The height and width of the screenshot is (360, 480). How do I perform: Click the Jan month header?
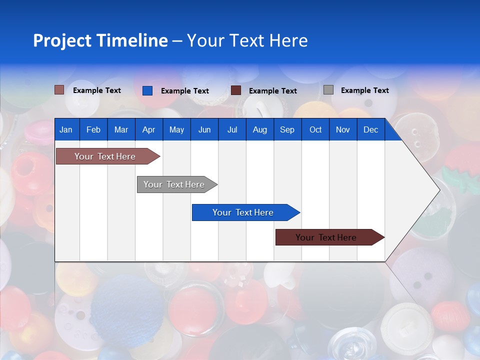[x=66, y=129]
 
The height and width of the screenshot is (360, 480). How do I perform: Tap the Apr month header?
[x=149, y=129]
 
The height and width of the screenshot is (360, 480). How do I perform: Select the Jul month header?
[x=232, y=129]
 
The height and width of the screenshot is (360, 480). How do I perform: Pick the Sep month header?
[x=287, y=129]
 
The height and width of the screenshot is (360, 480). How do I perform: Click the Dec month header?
[x=371, y=129]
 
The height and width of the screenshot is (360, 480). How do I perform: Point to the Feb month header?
[x=93, y=129]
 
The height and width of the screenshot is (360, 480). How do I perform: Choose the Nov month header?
[x=343, y=129]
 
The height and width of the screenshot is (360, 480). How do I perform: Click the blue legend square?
[x=147, y=90]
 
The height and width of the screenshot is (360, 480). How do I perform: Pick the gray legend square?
[x=328, y=90]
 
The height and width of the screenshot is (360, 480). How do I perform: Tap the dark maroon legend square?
[x=236, y=90]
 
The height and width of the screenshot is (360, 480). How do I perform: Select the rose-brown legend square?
[x=59, y=90]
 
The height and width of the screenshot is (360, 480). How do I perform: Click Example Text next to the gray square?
[x=364, y=90]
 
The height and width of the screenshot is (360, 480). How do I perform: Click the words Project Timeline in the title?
[x=100, y=40]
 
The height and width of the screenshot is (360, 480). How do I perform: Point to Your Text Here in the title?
[x=247, y=40]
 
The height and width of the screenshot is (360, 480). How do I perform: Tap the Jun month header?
[x=204, y=129]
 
